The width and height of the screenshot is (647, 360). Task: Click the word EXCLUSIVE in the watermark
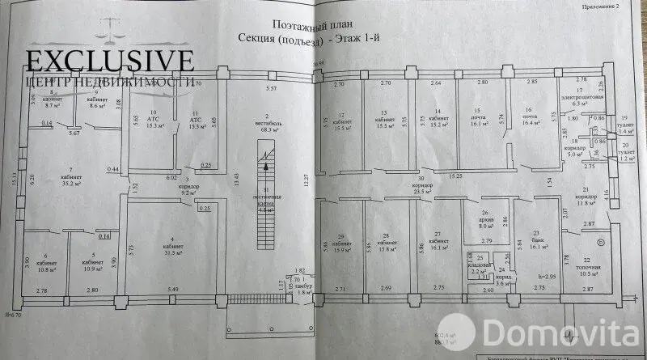[110, 61]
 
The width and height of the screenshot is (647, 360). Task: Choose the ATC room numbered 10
[153, 121]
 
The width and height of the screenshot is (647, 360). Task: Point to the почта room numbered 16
[530, 117]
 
